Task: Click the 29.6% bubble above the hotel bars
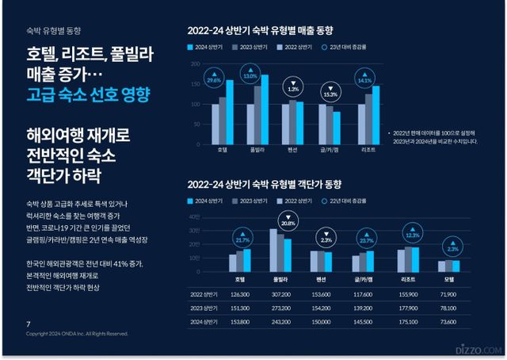pyautogui.click(x=213, y=79)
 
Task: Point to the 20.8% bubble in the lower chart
pyautogui.click(x=288, y=222)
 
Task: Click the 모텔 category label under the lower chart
pyautogui.click(x=449, y=279)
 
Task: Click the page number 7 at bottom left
pyautogui.click(x=29, y=324)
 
